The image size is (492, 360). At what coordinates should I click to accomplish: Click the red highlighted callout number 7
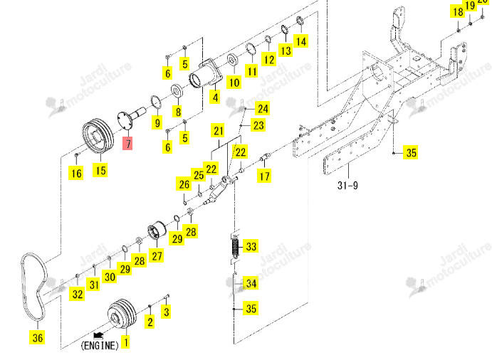click(128, 144)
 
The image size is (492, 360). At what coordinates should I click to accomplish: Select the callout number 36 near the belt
click(37, 337)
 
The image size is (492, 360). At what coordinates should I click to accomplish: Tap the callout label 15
click(100, 170)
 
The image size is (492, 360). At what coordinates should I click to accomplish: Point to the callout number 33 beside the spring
click(251, 246)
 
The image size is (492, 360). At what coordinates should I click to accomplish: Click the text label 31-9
click(347, 185)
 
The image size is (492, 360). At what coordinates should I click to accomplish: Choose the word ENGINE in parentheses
click(100, 346)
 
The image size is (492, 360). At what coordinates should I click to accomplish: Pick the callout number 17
click(264, 176)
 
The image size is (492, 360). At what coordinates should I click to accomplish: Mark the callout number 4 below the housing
click(215, 97)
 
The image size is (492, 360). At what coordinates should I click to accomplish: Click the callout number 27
click(157, 256)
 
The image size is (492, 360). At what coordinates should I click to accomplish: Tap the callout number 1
click(126, 342)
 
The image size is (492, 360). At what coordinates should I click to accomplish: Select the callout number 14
click(301, 41)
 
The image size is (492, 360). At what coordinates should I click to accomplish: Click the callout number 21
click(219, 131)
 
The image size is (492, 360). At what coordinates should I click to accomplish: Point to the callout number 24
click(263, 109)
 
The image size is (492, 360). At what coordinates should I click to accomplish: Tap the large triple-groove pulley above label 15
click(98, 137)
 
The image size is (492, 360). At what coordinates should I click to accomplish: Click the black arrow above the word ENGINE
click(98, 336)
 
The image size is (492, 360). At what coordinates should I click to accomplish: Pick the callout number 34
click(251, 283)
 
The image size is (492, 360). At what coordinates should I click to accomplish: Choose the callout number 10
click(234, 83)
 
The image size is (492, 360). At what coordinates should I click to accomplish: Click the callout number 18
click(458, 12)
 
